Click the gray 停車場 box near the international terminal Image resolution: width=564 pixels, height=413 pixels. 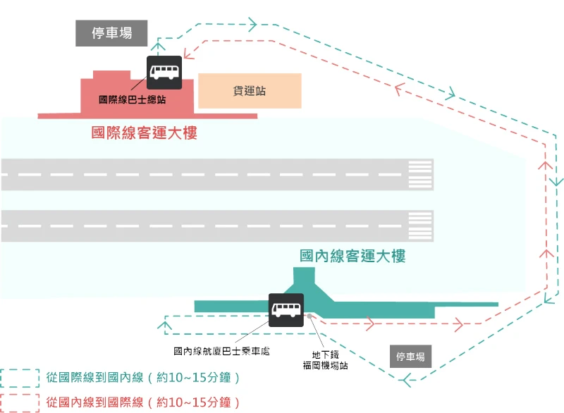coord(112,33)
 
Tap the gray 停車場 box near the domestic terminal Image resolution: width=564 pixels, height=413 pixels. coord(410,357)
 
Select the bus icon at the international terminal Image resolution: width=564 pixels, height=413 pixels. coord(164,72)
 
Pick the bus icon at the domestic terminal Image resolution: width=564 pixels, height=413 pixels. coord(286,311)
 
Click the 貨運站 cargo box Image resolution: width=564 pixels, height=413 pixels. coord(250,91)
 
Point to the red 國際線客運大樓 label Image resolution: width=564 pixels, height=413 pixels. coord(144,132)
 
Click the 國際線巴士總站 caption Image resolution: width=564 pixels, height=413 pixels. coord(133,100)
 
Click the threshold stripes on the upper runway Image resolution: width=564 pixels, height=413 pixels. coord(420,174)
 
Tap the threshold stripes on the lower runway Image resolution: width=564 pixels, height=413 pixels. coord(420,226)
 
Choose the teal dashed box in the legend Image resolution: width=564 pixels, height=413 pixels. coord(19,378)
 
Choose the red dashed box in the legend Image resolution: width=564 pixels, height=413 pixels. coord(19,402)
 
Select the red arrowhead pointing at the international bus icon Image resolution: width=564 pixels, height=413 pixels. coord(188,52)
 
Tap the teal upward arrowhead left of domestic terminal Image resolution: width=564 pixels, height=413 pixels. coord(164,325)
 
